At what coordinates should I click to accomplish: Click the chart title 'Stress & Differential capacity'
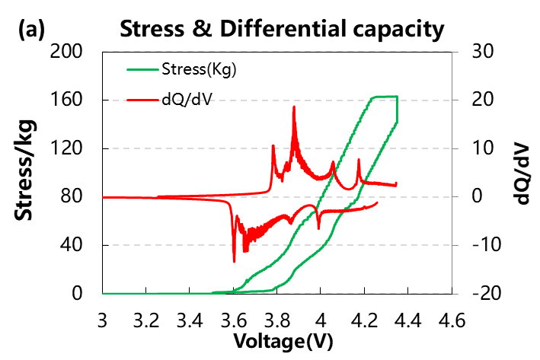pos(280,30)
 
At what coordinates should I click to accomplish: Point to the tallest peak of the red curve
pos(294,107)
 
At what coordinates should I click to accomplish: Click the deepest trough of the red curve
pos(234,261)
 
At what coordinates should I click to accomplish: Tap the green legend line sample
pos(142,71)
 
